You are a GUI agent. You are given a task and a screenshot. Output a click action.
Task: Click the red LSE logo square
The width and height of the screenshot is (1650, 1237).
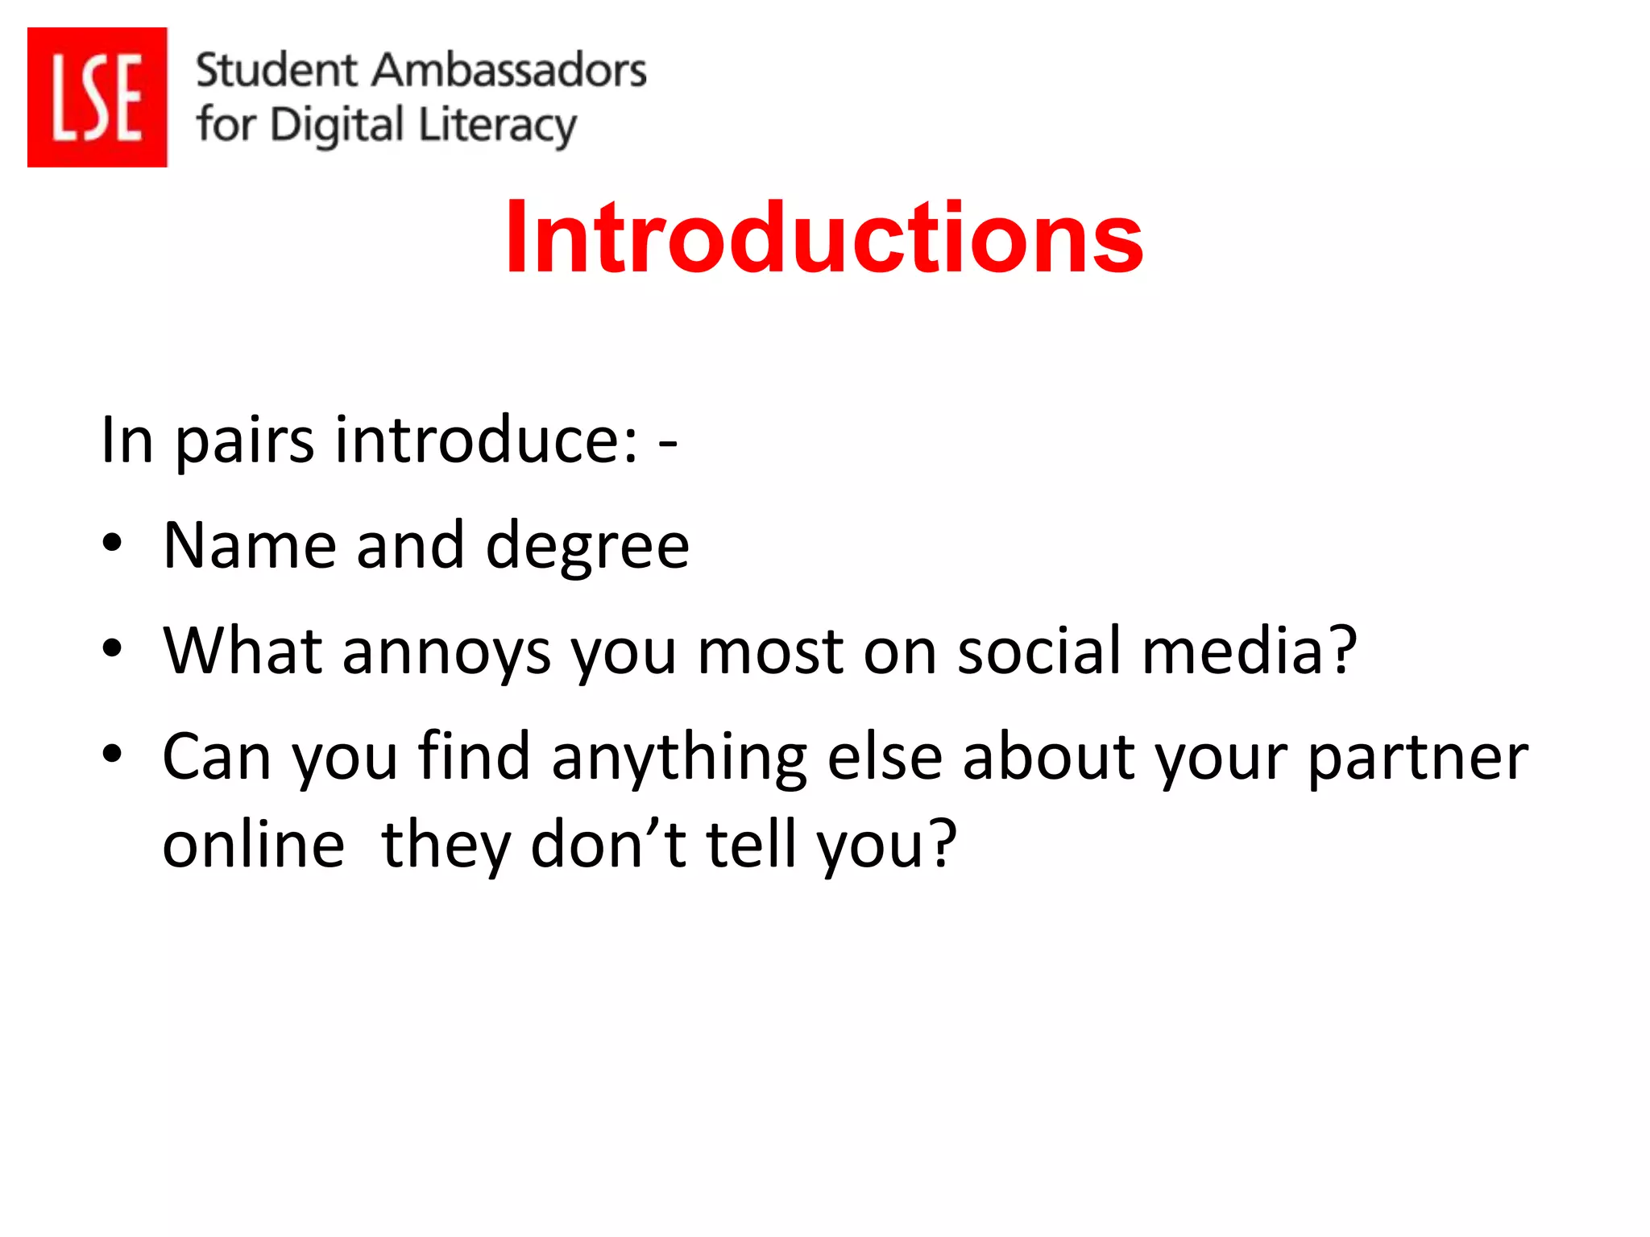[97, 97]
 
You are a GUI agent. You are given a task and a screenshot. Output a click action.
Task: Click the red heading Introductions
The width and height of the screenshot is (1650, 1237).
[823, 238]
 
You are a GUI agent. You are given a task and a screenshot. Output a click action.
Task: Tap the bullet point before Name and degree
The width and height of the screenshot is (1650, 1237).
[112, 543]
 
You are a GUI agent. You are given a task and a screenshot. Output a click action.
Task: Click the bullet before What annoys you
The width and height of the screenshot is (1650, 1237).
[112, 647]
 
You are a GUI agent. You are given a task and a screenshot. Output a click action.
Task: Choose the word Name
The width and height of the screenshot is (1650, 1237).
[249, 545]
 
